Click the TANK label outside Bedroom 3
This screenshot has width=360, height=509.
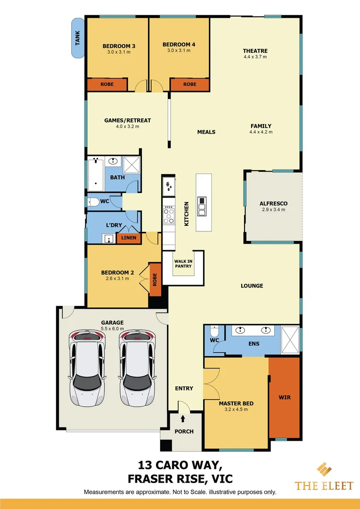(78, 38)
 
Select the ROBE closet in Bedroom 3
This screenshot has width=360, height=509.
(107, 85)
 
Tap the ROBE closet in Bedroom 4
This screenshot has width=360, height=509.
(189, 85)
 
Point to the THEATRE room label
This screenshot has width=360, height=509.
(255, 51)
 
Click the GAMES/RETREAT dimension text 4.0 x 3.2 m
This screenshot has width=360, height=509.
(121, 126)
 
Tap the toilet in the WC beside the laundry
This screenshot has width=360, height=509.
(93, 202)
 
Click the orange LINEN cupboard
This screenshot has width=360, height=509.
(129, 238)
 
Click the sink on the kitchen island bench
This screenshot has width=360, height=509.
(202, 206)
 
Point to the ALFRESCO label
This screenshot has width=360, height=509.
(273, 204)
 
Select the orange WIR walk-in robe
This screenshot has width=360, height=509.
(284, 397)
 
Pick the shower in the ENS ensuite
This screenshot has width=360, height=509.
(290, 339)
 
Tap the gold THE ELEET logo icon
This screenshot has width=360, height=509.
(324, 470)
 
